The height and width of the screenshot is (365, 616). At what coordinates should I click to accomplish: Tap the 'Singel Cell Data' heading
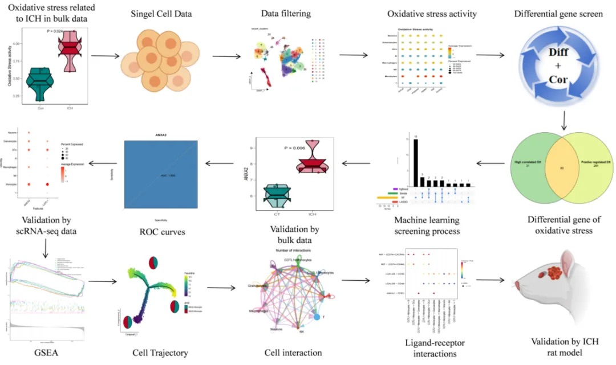pyautogui.click(x=161, y=14)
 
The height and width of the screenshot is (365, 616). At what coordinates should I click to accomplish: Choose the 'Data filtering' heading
pyautogui.click(x=285, y=14)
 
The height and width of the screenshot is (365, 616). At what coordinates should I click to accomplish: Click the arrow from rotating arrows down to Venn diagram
pyautogui.click(x=563, y=121)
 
